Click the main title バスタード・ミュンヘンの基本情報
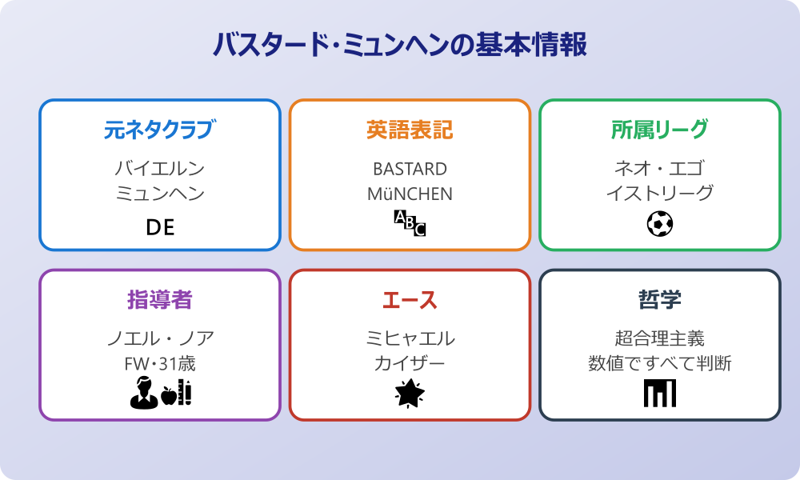[400, 45]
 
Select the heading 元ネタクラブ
[160, 130]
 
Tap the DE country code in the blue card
[160, 228]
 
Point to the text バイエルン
[160, 169]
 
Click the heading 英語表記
[410, 130]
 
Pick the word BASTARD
[410, 169]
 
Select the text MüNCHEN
[410, 194]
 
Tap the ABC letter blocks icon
[410, 223]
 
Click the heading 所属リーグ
[659, 130]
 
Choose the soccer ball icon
[659, 223]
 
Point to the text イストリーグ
[659, 194]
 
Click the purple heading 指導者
[160, 300]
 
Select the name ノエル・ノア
[160, 338]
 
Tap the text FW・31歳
[160, 364]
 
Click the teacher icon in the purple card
[142, 393]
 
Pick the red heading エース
[410, 300]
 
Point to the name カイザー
[410, 364]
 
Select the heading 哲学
[659, 300]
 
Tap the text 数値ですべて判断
[659, 364]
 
